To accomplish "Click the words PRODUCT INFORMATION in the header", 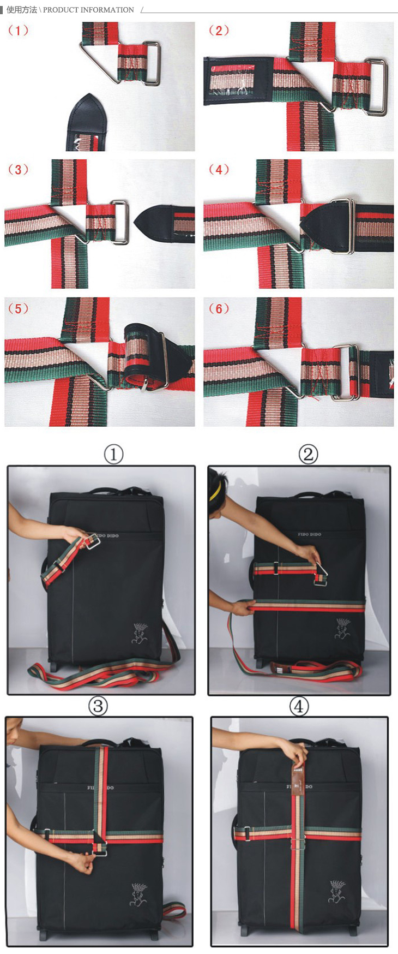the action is point(88,10).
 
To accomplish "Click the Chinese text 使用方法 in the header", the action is point(22,10).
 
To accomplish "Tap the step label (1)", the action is point(18,31).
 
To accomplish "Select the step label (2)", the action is point(219,31).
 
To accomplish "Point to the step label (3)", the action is point(18,170).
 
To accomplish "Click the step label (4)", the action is point(219,170).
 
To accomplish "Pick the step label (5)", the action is point(18,309).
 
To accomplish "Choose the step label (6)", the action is point(219,309).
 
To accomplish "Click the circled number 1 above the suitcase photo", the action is point(114,454).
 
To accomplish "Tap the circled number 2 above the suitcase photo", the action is point(308,454).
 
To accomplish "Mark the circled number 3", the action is point(98,706).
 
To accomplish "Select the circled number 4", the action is point(299,706).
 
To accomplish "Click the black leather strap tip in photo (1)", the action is point(87,122).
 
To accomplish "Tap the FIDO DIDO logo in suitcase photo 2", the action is point(309,534).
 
